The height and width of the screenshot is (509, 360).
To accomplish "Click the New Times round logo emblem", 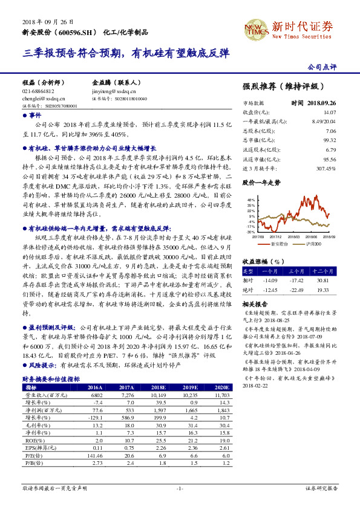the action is tap(254, 27).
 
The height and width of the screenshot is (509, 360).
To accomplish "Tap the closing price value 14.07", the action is tap(329, 112).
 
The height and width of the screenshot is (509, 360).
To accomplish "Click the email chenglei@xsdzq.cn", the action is tap(39, 97).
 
